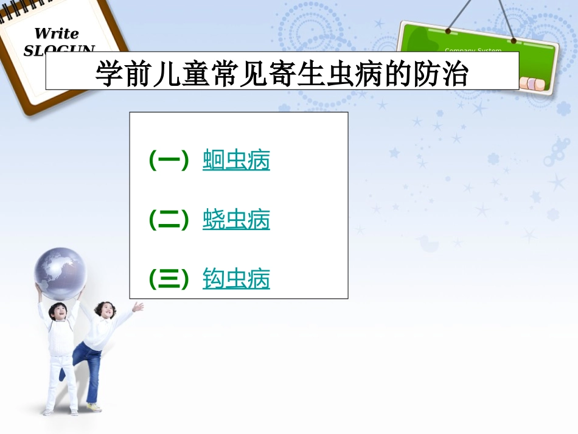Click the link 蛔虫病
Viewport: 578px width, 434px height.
(236, 161)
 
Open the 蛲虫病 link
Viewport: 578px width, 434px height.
(236, 220)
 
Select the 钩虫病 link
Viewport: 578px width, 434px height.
(236, 279)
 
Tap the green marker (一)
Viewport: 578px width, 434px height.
(169, 161)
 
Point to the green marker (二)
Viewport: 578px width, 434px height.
(169, 220)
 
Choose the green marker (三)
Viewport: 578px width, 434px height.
(169, 279)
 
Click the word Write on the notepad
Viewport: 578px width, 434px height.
(56, 33)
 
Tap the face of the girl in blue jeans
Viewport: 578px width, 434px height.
(104, 310)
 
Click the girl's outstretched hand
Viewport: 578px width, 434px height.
(138, 307)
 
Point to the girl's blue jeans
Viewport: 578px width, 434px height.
(88, 365)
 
